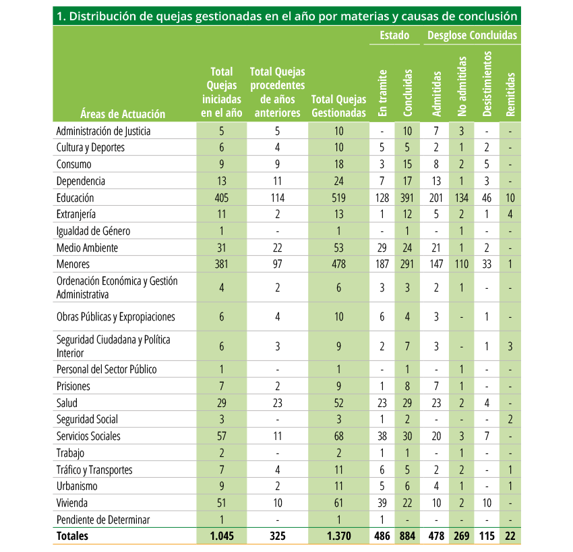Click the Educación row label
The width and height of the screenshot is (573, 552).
point(75,198)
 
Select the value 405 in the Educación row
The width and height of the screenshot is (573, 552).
point(222,198)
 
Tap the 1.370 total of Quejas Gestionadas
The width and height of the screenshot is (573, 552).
point(339,536)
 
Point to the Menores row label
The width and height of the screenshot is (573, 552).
point(73,264)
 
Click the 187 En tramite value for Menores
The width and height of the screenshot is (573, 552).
point(382,264)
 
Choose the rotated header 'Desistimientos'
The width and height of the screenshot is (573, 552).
point(487,84)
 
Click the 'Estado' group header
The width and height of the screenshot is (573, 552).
point(394,35)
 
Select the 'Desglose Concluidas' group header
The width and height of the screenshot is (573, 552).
point(472,35)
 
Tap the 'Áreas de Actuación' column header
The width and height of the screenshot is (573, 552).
point(123,114)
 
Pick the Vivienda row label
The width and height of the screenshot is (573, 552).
point(72,503)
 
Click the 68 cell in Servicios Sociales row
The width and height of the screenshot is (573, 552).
point(339,436)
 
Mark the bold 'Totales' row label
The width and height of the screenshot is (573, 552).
point(72,536)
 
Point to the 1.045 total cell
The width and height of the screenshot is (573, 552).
point(222,536)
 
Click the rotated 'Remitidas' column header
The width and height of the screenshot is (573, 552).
point(510,94)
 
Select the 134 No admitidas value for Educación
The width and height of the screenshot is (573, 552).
point(462,198)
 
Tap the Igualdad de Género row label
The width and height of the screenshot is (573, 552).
point(93,231)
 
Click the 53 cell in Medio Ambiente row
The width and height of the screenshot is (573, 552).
point(339,248)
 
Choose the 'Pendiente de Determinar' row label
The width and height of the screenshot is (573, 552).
point(103,520)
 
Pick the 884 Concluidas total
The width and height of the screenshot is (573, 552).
point(407,536)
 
